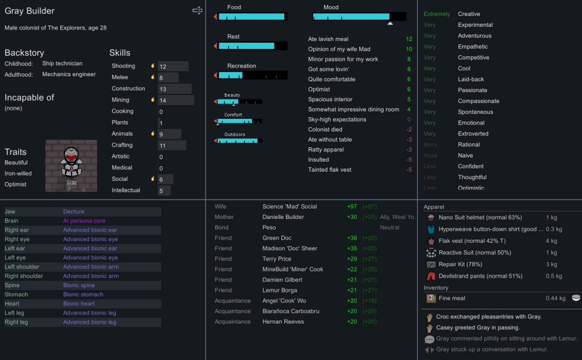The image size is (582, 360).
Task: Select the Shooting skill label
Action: [x=123, y=66]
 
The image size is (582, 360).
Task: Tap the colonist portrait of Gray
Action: [x=71, y=165]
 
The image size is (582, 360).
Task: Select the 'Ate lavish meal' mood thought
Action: [x=328, y=39]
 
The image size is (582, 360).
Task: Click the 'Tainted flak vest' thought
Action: [x=330, y=169]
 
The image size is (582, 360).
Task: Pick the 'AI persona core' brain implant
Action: [x=84, y=221]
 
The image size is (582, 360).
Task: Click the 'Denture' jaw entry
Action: [x=73, y=212]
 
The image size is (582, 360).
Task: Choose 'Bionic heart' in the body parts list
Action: [x=79, y=304]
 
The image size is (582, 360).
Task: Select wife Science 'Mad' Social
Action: [x=289, y=206]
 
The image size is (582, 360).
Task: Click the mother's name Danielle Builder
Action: [x=283, y=217]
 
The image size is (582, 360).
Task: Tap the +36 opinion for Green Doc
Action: [x=352, y=238]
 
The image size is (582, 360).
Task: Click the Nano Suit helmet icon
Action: [x=431, y=218]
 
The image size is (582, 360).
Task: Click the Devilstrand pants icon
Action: [x=431, y=276]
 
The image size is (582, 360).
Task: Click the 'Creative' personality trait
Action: [x=469, y=14]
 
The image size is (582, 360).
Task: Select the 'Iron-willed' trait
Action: [x=18, y=173]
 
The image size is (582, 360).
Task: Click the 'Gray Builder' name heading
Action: [x=30, y=11]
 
